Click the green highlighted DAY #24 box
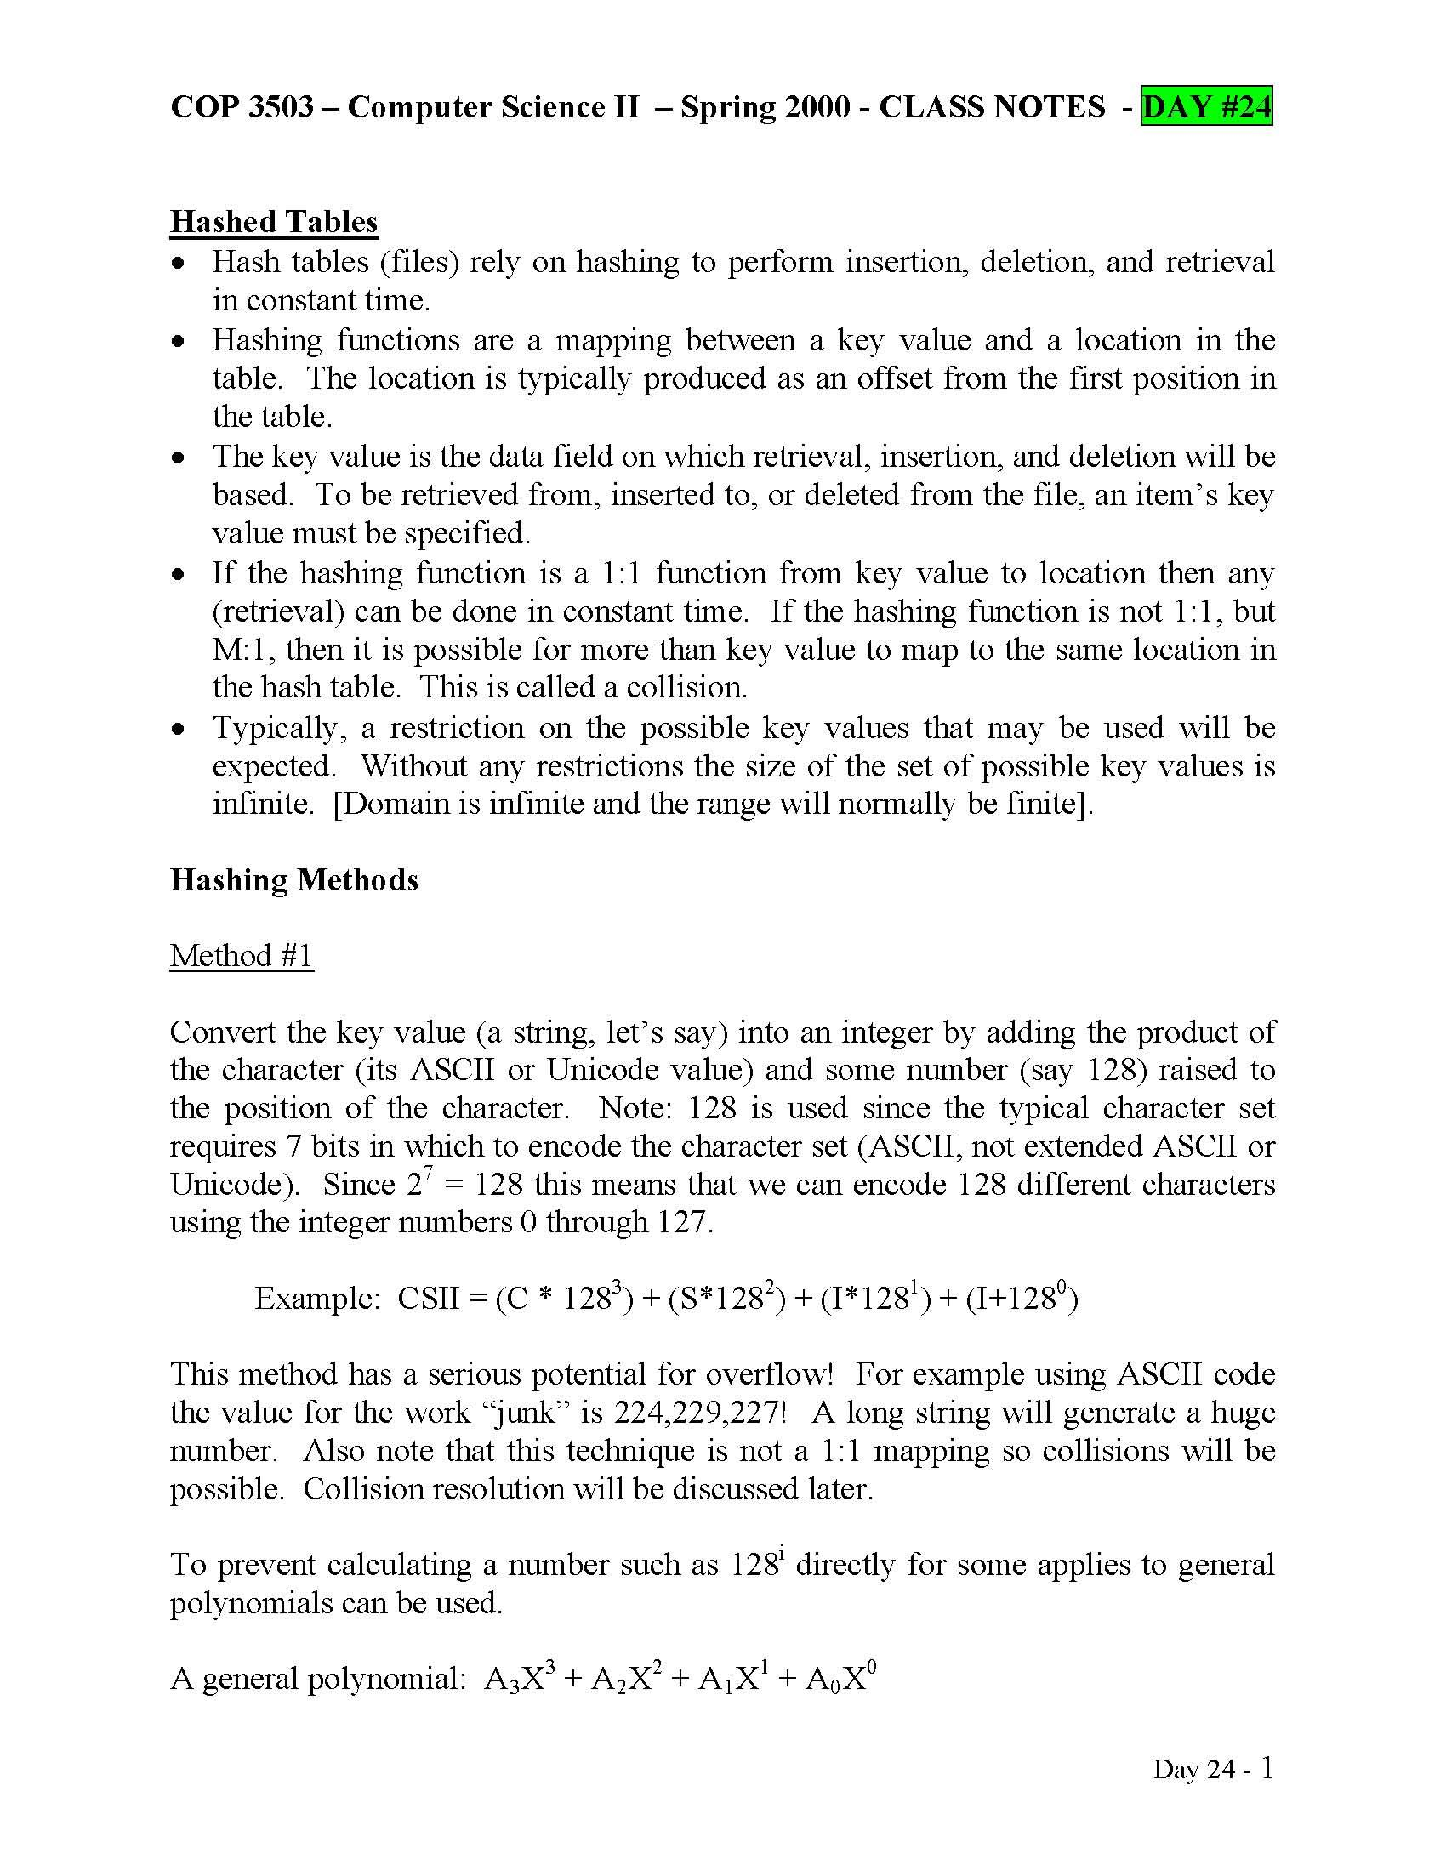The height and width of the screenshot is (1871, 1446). coord(1205,107)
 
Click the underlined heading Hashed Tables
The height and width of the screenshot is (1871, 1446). coord(273,222)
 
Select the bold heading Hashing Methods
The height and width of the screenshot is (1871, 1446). coord(293,880)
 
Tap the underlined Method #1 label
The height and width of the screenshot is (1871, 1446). coord(242,955)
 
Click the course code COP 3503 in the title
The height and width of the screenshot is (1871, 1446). coord(242,107)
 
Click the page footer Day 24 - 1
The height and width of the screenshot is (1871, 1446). coord(1212,1768)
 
